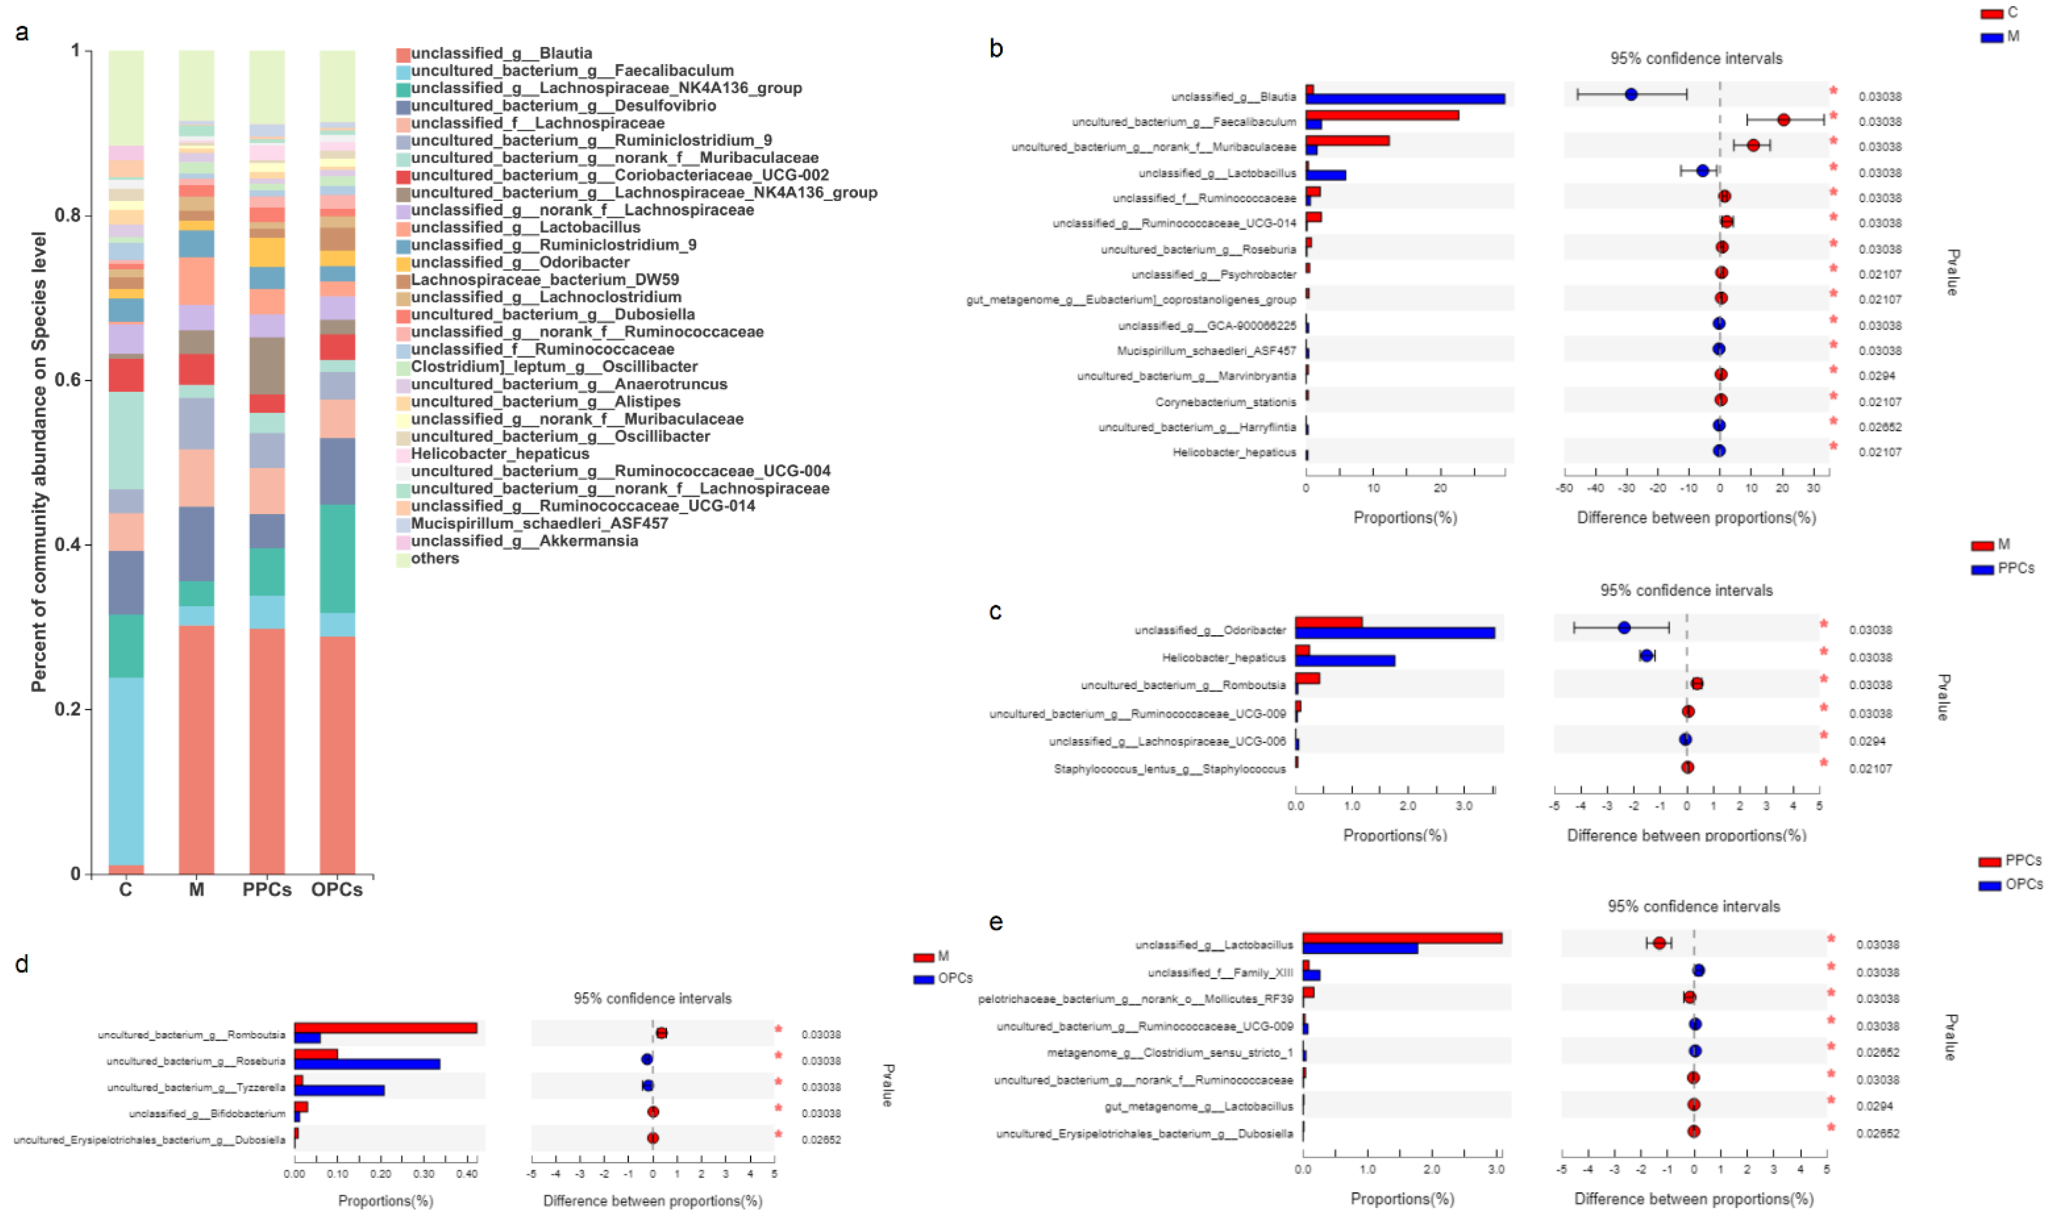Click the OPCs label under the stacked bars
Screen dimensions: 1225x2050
337,890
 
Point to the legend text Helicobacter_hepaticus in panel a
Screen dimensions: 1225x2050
499,454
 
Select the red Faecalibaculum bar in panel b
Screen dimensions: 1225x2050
1381,116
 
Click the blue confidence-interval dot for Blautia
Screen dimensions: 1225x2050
1631,95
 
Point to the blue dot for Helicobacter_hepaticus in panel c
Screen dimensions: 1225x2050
1646,655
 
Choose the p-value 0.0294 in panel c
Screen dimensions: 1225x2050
1867,741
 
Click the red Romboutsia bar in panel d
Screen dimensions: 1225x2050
386,1028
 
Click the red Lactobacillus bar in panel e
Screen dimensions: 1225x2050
1402,939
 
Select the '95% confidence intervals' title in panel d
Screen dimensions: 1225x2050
652,999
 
